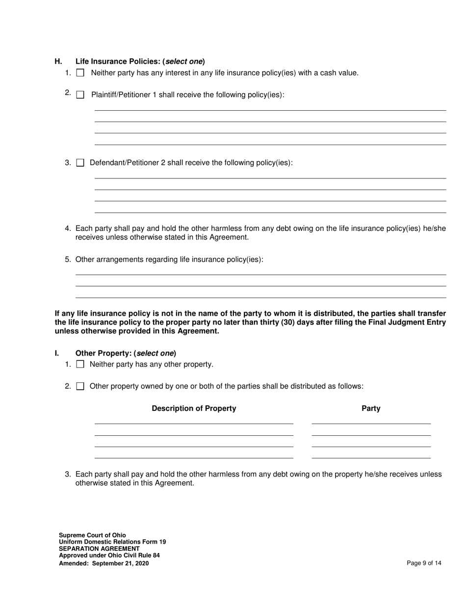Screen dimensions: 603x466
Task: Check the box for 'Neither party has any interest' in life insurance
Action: pos(80,73)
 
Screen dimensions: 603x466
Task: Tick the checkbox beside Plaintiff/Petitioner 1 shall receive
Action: pos(80,95)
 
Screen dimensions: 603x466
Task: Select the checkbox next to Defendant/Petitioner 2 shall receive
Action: pos(80,163)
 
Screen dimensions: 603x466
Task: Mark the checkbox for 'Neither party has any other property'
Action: pos(80,364)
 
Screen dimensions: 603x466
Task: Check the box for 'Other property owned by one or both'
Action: pos(80,386)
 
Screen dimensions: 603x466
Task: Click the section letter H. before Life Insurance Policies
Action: pos(58,62)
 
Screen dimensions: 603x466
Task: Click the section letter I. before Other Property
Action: pos(57,353)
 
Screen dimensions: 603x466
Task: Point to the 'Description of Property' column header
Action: pos(194,408)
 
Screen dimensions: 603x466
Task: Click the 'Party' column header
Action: pos(371,408)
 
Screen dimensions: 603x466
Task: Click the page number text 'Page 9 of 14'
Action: pos(424,563)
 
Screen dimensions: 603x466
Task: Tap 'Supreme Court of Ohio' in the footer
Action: pos(92,535)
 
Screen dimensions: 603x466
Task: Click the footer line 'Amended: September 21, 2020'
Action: pos(104,563)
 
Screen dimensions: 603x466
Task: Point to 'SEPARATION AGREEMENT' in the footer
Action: pos(99,549)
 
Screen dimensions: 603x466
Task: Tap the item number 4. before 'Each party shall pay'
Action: pos(68,228)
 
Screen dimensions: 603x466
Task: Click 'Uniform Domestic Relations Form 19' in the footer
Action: pos(112,542)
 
